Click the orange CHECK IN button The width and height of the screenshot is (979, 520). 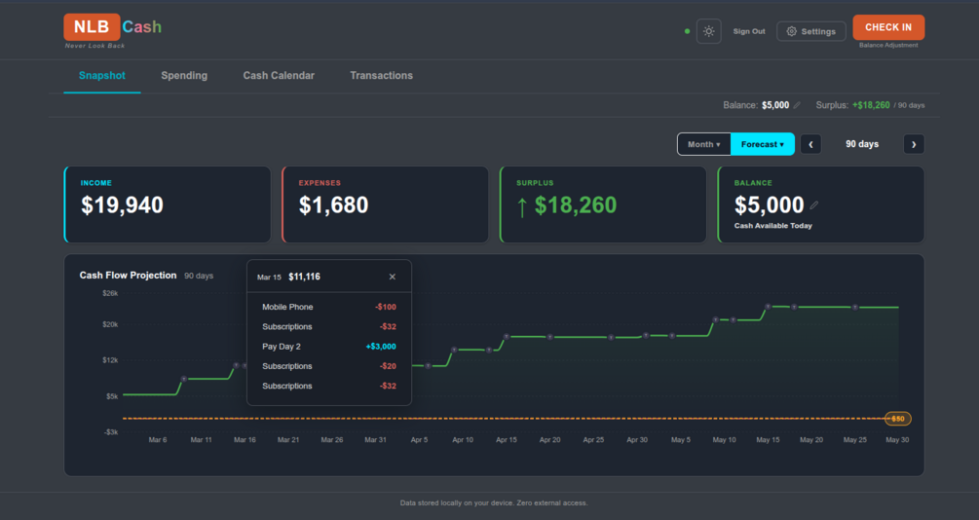point(887,27)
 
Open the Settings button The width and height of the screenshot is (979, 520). point(810,31)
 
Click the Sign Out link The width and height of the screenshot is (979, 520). point(749,31)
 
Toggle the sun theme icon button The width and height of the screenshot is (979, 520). point(708,31)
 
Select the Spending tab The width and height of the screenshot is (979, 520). point(184,76)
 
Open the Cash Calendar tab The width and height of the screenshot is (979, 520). point(279,76)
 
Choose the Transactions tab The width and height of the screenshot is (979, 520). point(381,76)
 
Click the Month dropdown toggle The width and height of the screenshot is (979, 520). point(703,144)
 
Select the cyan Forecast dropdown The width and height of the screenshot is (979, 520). point(762,144)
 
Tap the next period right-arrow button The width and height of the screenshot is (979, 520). point(913,144)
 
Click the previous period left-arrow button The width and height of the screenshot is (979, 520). point(810,144)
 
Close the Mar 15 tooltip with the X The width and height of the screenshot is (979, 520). point(393,277)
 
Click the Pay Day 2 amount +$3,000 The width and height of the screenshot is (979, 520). point(381,347)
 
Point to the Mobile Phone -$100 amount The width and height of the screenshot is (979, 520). point(386,307)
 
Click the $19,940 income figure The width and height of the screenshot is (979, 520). point(122,205)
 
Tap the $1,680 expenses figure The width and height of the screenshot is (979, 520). point(333,205)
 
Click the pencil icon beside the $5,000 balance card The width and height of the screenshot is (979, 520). point(814,205)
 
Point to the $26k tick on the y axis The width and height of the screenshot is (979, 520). point(110,293)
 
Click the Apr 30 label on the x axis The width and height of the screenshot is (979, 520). point(637,440)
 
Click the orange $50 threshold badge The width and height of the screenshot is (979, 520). point(897,419)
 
